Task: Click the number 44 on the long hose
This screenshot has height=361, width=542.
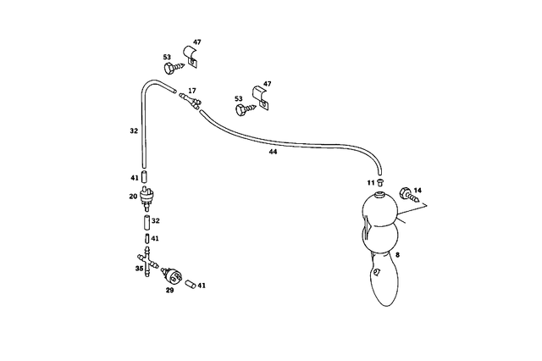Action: click(272, 152)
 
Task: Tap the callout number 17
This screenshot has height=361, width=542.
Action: click(192, 90)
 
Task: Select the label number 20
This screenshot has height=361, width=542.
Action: click(133, 197)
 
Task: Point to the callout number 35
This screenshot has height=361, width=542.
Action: click(140, 269)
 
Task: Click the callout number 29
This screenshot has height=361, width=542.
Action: click(169, 290)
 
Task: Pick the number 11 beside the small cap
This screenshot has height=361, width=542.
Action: click(370, 182)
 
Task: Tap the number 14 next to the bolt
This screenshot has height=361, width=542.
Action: click(417, 191)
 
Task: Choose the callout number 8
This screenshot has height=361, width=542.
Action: click(397, 254)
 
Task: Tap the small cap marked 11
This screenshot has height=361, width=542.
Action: click(380, 181)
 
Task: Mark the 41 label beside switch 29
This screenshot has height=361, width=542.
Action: click(202, 286)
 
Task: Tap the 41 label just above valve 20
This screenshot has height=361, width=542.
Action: click(134, 178)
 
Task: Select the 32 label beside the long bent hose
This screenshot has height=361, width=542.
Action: click(134, 131)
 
